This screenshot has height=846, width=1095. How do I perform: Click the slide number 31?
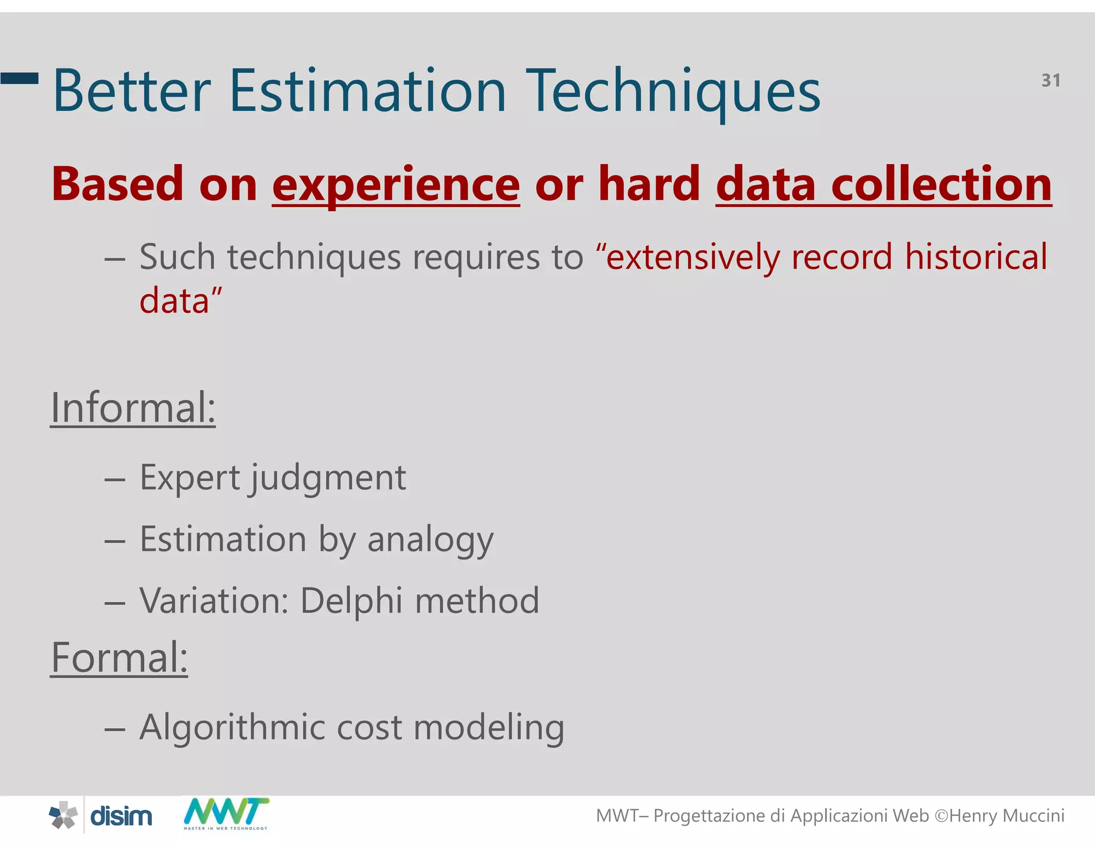pos(1051,81)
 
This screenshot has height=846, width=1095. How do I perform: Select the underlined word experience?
pos(396,185)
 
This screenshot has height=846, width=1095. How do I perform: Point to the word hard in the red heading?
pos(649,184)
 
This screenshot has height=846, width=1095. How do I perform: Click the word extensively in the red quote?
pos(692,258)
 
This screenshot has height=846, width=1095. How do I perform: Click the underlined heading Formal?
pos(119,658)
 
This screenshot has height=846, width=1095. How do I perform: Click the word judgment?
pos(328,478)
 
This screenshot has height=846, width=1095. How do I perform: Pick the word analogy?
pos(430,540)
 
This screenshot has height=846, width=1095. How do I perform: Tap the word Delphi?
pos(351,602)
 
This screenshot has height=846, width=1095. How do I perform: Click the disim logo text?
pos(121,817)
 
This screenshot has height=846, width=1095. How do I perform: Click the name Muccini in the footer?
pos(1033,816)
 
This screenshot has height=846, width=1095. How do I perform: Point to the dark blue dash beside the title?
pos(19,79)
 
